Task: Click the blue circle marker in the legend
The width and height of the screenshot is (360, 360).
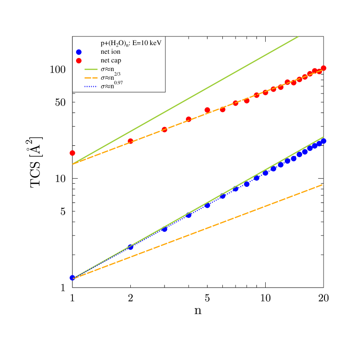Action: [x=79, y=52]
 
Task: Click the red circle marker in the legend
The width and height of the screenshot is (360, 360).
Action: [x=79, y=61]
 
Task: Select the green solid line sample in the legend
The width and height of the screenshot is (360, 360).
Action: [x=91, y=69]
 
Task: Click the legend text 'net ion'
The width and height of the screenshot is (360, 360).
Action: [x=111, y=52]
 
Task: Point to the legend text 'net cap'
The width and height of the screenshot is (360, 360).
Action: [x=111, y=61]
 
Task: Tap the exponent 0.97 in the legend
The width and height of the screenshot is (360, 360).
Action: [x=118, y=83]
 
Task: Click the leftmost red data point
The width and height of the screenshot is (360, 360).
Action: [x=72, y=153]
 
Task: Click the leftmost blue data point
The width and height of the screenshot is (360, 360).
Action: [x=72, y=278]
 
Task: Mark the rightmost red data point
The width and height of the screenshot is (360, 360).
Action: [x=324, y=68]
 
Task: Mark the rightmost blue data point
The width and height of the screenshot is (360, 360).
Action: [x=324, y=141]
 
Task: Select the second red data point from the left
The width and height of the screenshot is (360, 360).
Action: [x=130, y=141]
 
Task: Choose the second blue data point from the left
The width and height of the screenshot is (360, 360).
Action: [x=130, y=247]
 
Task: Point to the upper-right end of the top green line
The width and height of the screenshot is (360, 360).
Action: [x=298, y=36]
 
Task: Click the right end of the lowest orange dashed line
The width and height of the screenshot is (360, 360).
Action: [x=323, y=185]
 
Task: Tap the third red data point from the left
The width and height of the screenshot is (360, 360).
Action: [x=165, y=129]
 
